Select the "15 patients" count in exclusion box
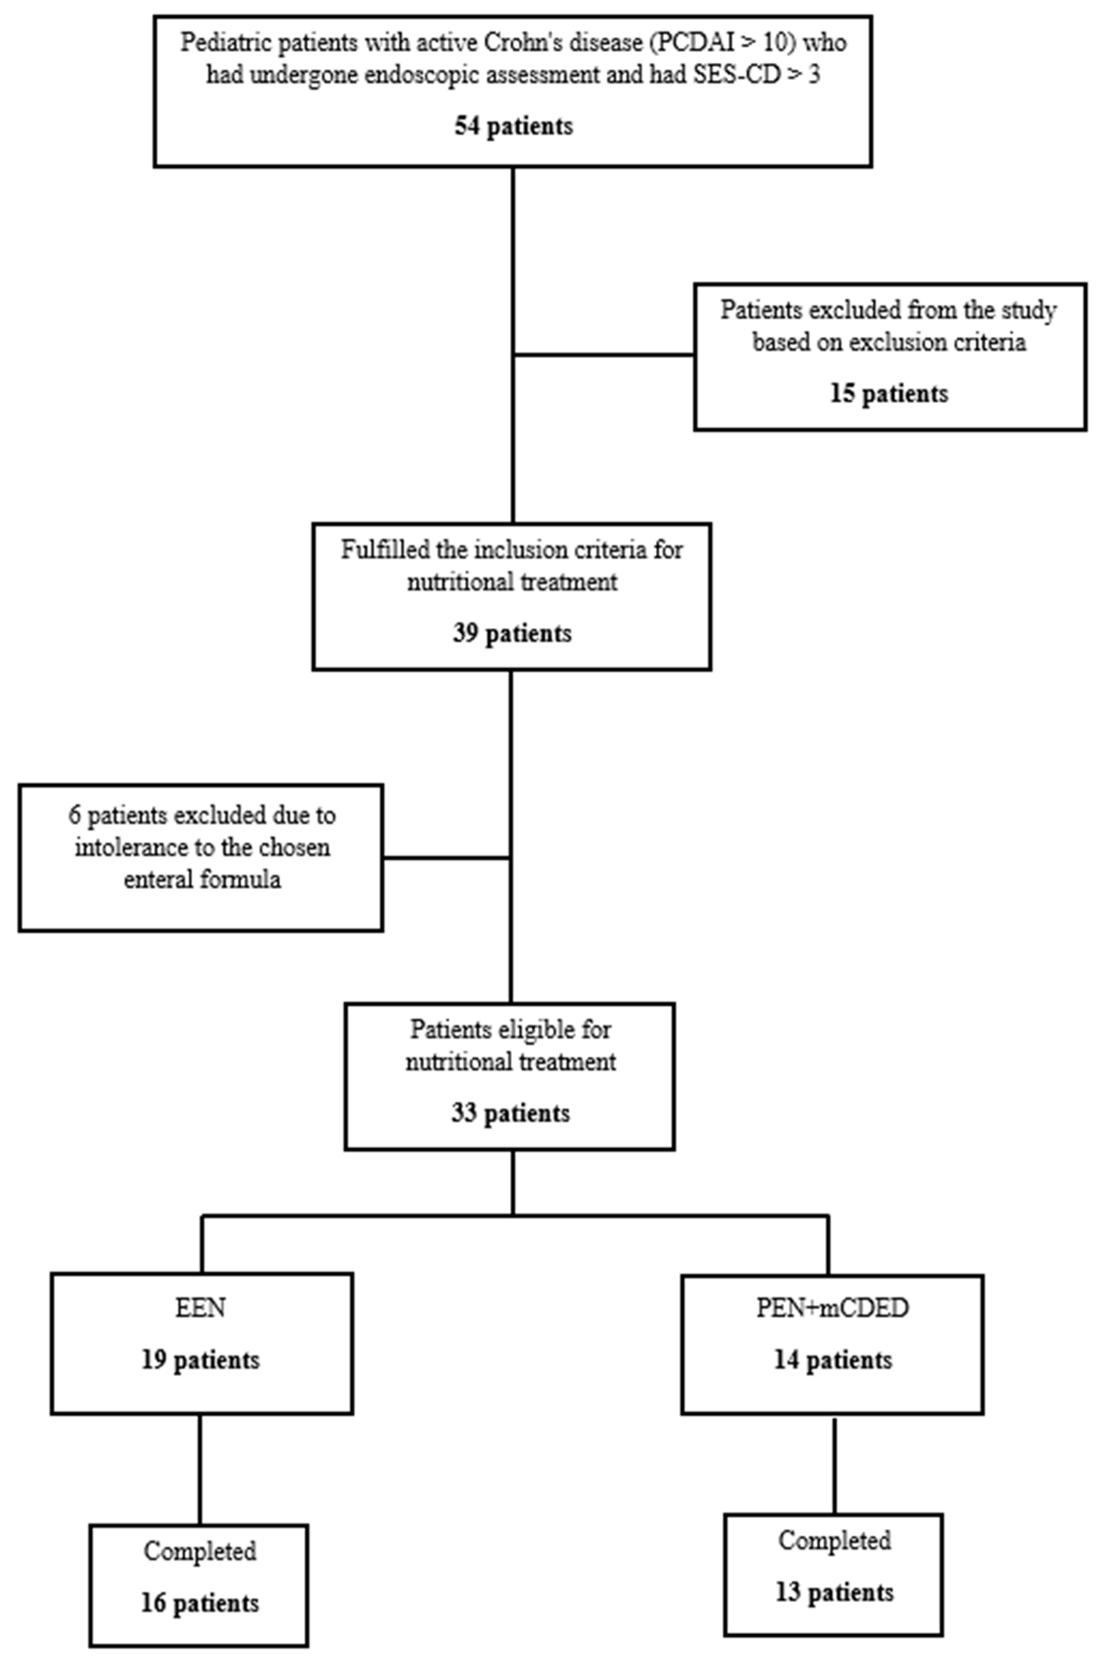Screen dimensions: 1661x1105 point(889,393)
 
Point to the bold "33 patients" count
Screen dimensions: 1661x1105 point(510,1113)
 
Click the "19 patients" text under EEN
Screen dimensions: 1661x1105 point(201,1360)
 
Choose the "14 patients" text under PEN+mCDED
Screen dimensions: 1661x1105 point(833,1360)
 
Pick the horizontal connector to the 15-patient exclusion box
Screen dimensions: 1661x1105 point(604,355)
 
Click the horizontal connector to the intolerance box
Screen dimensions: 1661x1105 point(447,858)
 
